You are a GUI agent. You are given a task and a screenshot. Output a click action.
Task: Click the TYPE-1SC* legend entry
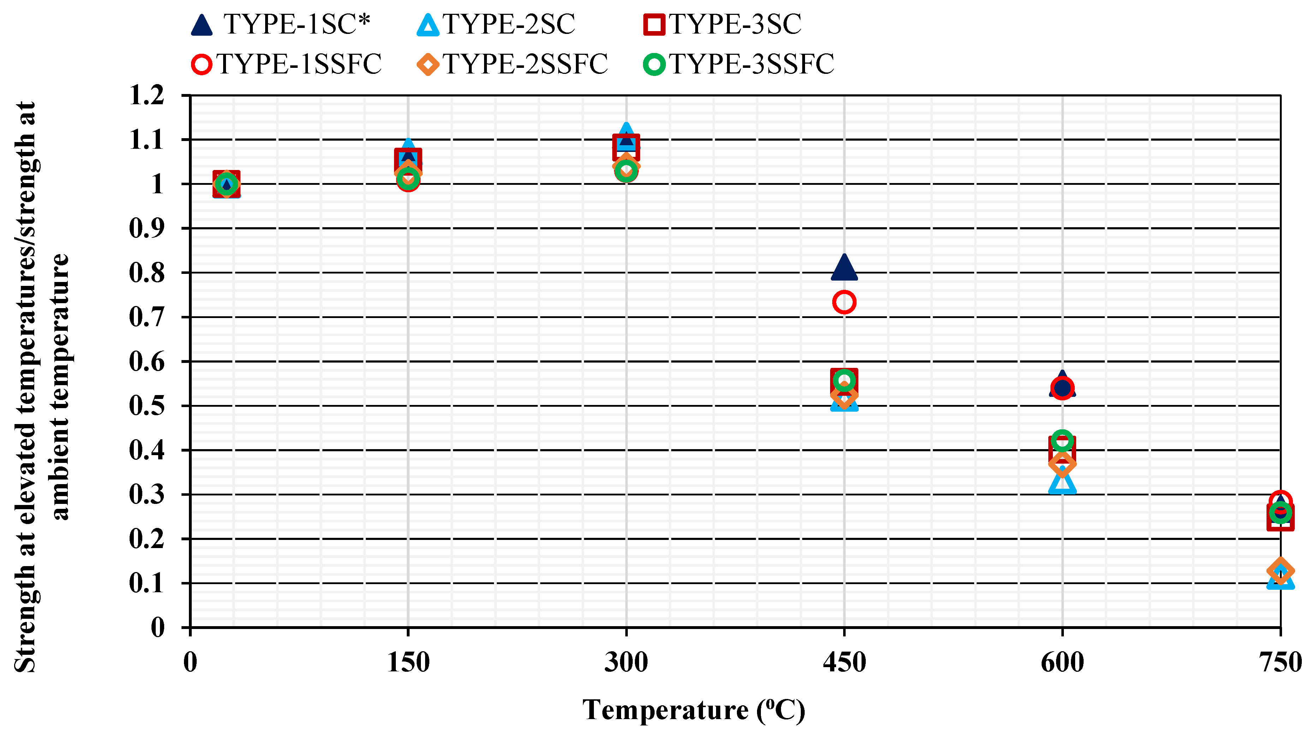click(x=280, y=24)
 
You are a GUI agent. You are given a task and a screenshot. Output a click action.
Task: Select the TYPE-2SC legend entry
click(x=496, y=24)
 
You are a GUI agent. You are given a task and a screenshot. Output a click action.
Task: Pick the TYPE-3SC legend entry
click(x=723, y=24)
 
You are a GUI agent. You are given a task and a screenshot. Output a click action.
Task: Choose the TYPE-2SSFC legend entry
click(x=512, y=64)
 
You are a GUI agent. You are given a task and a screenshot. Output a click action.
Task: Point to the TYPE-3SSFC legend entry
click(x=739, y=64)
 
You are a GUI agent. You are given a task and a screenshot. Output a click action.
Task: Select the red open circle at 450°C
click(x=844, y=302)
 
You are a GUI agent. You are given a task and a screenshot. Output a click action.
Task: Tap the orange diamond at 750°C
click(x=1280, y=570)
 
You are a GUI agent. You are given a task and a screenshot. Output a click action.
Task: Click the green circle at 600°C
click(x=1062, y=440)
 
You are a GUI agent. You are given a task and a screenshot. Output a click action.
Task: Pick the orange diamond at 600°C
click(x=1062, y=464)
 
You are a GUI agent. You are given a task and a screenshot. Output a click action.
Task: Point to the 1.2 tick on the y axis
click(x=147, y=95)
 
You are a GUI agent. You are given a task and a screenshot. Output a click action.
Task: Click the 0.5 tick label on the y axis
click(x=147, y=406)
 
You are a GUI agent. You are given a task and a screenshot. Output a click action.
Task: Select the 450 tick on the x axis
click(x=844, y=662)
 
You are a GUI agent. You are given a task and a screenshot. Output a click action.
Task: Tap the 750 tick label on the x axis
click(x=1280, y=662)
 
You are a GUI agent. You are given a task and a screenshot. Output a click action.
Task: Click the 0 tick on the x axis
click(x=190, y=662)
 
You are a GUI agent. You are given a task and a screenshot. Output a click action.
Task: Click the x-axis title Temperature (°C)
click(x=693, y=710)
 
